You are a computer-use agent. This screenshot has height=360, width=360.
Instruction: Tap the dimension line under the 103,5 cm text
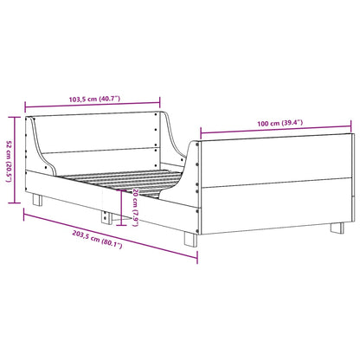click(x=92, y=101)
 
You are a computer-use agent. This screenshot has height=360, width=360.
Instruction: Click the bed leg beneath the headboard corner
click(x=39, y=200)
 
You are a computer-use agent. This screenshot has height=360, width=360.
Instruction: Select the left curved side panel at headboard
click(x=39, y=151)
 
